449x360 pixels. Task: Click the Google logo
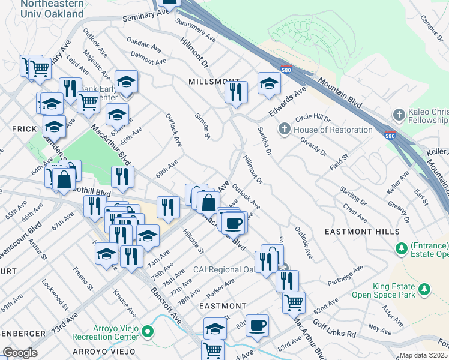(x=19, y=353)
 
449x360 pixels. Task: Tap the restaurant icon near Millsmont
(x=236, y=92)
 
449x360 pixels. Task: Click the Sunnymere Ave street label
(x=196, y=29)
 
